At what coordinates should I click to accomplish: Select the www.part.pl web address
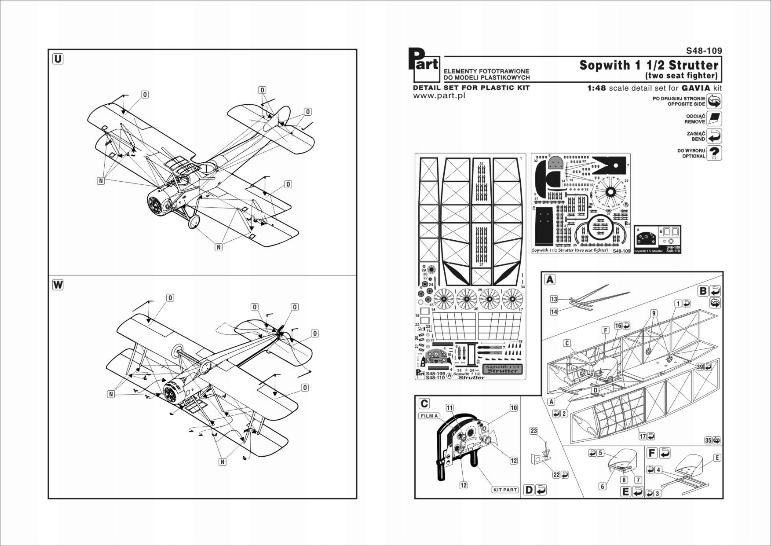point(439,96)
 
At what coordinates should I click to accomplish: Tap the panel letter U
point(58,59)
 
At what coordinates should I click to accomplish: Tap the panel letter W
point(58,285)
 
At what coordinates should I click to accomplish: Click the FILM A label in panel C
point(429,416)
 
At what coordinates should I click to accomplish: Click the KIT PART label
point(505,490)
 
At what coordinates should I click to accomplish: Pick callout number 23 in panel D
point(533,431)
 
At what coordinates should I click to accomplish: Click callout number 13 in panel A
point(554,299)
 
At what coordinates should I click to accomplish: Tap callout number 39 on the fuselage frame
point(700,367)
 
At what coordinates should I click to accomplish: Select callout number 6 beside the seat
point(602,486)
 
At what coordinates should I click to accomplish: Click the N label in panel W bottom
point(223,462)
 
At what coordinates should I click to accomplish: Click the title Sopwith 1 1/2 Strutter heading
point(649,65)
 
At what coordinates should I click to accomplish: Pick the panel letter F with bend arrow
point(652,453)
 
